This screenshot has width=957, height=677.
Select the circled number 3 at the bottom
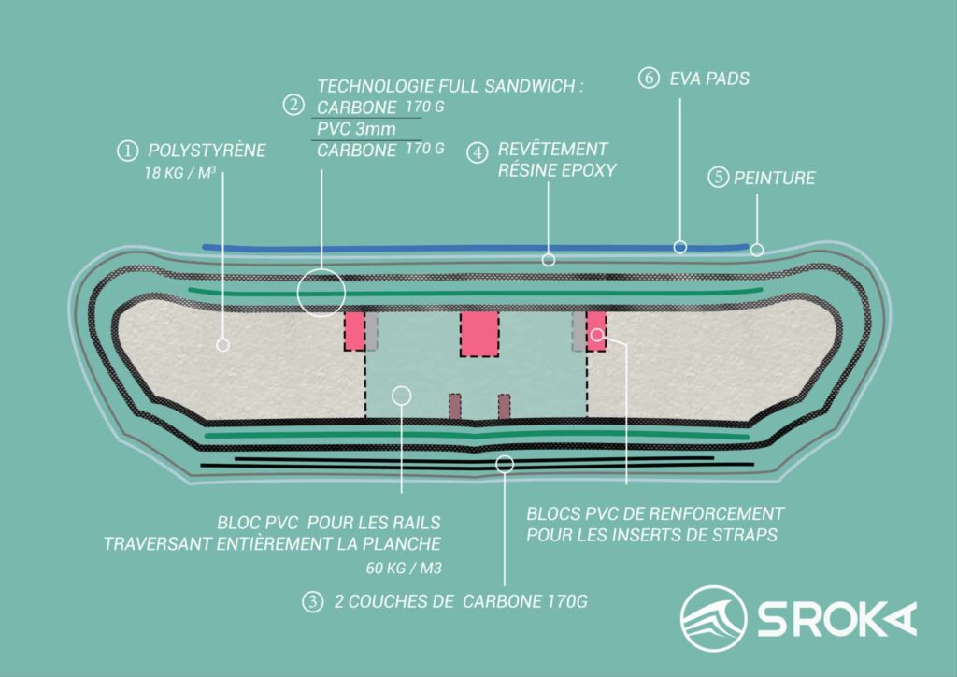[311, 602]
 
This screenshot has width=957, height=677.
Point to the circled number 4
[478, 151]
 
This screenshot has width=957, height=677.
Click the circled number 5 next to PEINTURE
[718, 177]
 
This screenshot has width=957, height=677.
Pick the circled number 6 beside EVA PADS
[649, 79]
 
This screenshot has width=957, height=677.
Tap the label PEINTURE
[775, 178]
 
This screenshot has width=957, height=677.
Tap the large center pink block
[478, 334]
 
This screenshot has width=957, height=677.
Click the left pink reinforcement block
[354, 331]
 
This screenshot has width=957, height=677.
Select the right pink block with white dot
[596, 330]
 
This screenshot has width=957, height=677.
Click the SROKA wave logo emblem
[713, 618]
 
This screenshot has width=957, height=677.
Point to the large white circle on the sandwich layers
[321, 291]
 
